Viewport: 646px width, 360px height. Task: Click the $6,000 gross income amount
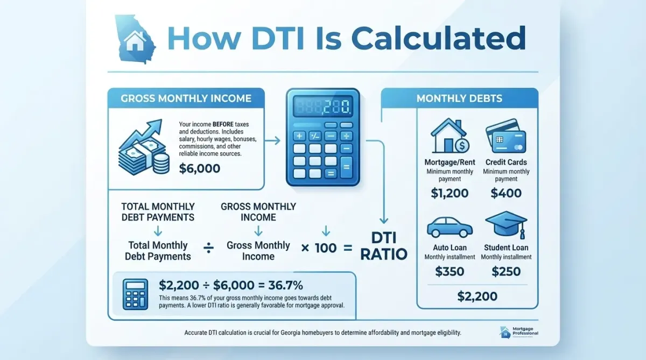point(200,168)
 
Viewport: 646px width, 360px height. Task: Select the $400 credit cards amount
point(506,192)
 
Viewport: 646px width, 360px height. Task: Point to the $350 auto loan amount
point(450,271)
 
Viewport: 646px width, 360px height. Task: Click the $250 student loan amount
point(506,271)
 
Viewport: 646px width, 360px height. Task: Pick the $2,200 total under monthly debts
point(478,295)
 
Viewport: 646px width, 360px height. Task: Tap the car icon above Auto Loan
point(450,228)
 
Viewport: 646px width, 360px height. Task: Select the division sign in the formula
point(209,248)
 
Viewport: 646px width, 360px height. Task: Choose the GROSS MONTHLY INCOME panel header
point(186,98)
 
